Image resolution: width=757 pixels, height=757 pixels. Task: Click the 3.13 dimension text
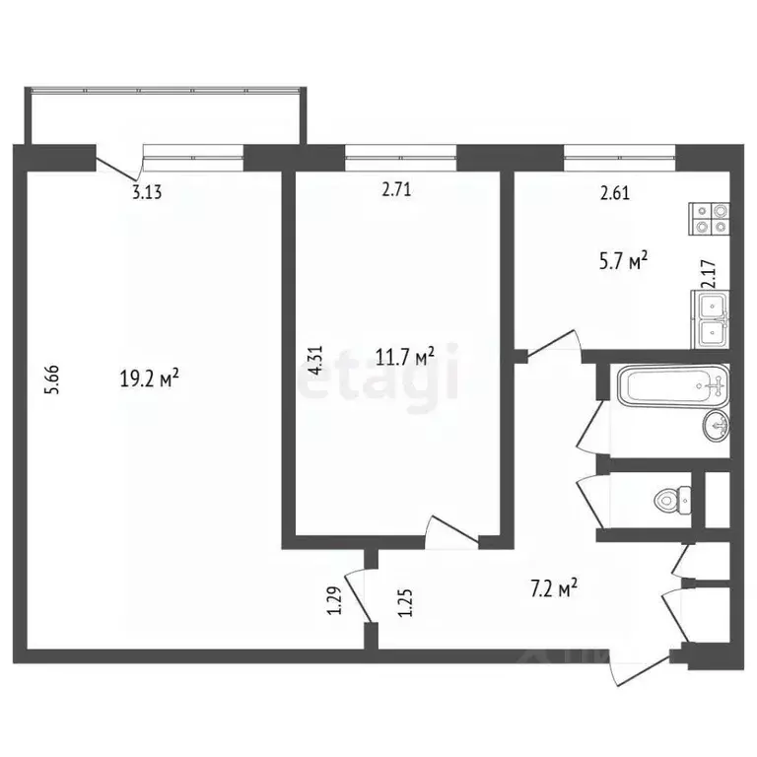(147, 192)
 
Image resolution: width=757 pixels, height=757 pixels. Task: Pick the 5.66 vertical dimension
(54, 380)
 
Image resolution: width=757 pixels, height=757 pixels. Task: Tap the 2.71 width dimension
(396, 192)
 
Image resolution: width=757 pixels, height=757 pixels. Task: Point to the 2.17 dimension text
(706, 273)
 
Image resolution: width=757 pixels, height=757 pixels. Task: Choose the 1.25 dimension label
(403, 600)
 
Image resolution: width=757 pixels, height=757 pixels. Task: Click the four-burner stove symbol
(711, 218)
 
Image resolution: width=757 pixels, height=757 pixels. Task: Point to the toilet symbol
(673, 501)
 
